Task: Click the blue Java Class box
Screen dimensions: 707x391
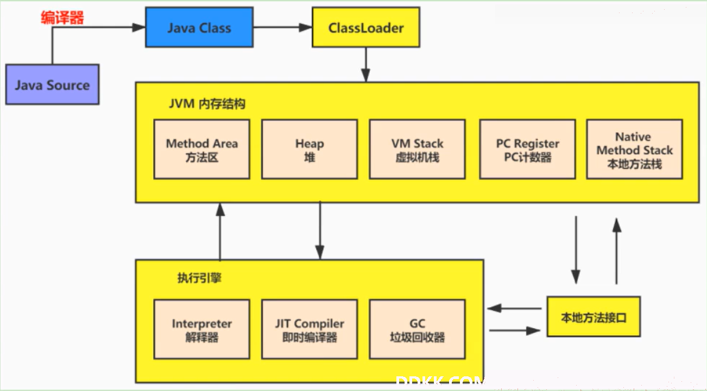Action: [x=199, y=28]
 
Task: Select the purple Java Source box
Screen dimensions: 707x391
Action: [x=52, y=84]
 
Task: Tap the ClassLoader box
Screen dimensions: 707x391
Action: [x=366, y=28]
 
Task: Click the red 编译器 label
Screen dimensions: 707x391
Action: [x=62, y=17]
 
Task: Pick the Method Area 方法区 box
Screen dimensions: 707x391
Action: [x=201, y=149]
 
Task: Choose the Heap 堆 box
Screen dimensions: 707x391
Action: [x=310, y=149]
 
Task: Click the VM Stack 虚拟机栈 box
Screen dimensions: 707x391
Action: [x=417, y=149]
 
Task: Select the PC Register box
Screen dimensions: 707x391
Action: [x=527, y=149]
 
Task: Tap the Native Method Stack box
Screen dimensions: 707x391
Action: [x=634, y=149]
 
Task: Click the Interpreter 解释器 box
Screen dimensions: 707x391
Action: [x=201, y=329]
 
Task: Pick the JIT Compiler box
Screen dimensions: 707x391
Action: [x=310, y=329]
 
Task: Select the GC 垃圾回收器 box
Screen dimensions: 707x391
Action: [x=417, y=329]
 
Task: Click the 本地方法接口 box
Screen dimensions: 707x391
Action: [x=594, y=316]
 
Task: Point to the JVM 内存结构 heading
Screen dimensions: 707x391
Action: [x=207, y=104]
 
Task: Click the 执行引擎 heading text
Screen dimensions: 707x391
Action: [x=199, y=278]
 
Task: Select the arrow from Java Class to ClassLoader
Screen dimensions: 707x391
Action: [x=283, y=28]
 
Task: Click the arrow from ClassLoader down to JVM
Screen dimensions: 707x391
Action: [x=366, y=65]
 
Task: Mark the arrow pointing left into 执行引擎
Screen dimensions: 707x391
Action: [x=514, y=308]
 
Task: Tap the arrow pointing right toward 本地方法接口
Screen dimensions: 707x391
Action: [x=514, y=331]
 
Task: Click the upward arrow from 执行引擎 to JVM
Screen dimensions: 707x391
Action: [x=220, y=231]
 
